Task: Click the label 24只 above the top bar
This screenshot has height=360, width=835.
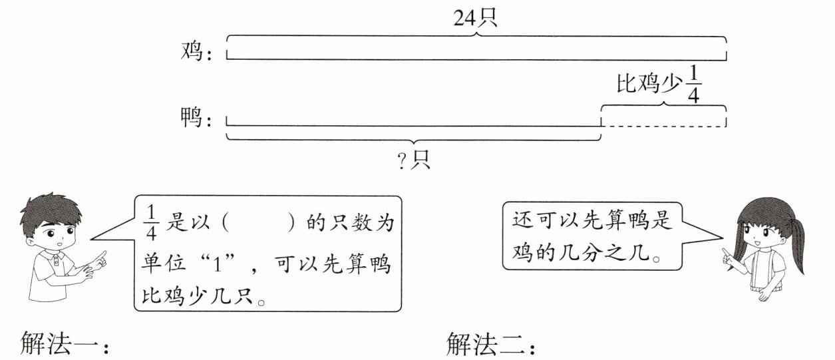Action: coord(475,19)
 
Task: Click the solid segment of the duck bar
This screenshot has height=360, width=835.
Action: coord(413,125)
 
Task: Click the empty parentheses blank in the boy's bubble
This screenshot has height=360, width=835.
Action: coord(258,223)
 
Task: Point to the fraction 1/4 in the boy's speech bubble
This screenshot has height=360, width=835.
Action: coord(152,222)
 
